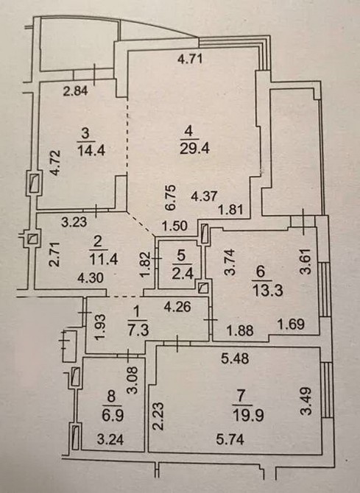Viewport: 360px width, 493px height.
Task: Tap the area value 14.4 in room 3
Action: pyautogui.click(x=91, y=150)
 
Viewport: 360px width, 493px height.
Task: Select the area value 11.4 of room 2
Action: pyautogui.click(x=104, y=260)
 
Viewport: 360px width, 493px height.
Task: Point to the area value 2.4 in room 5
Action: pyautogui.click(x=182, y=274)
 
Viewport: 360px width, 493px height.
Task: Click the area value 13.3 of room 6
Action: pyautogui.click(x=269, y=291)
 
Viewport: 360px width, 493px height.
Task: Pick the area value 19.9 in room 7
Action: pyautogui.click(x=248, y=416)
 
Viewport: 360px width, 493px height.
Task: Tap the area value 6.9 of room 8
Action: pyautogui.click(x=113, y=416)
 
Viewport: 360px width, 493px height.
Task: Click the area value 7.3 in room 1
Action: pyautogui.click(x=138, y=331)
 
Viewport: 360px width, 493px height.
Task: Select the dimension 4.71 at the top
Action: pyautogui.click(x=190, y=59)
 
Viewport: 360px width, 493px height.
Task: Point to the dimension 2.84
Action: pyautogui.click(x=76, y=91)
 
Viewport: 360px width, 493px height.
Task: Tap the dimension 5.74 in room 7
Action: pyautogui.click(x=230, y=439)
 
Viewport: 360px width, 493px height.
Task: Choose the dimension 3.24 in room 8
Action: pyautogui.click(x=110, y=439)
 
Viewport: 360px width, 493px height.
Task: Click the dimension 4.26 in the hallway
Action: pyautogui.click(x=177, y=307)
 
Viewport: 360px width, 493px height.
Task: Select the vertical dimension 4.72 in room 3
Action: pyautogui.click(x=56, y=163)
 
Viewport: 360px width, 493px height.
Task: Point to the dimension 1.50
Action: pyautogui.click(x=174, y=226)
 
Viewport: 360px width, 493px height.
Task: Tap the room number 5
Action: pyautogui.click(x=182, y=256)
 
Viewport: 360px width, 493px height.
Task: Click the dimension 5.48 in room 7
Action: pyautogui.click(x=235, y=358)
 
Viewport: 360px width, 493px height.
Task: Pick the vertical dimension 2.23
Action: pyautogui.click(x=158, y=416)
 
